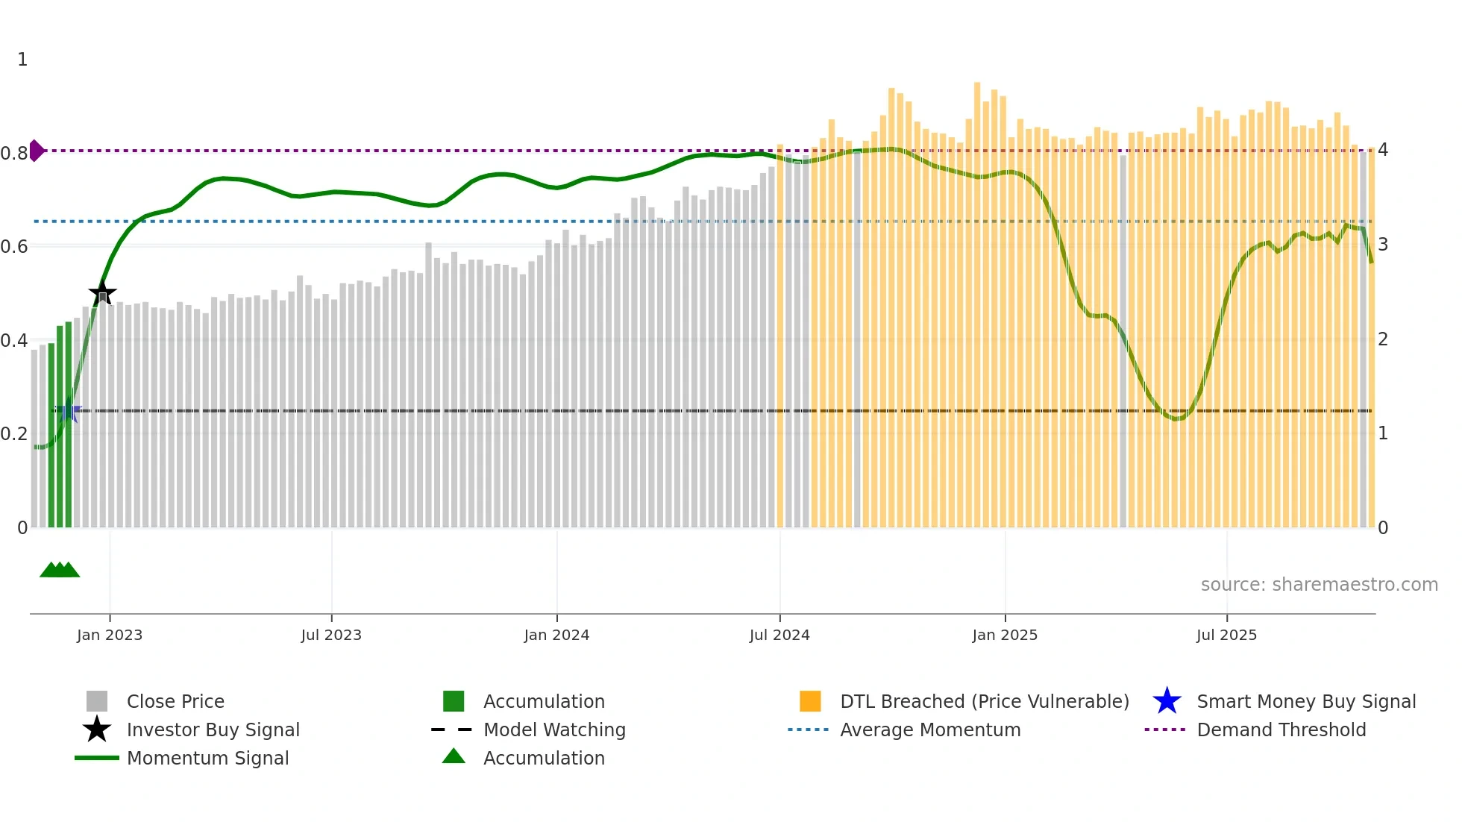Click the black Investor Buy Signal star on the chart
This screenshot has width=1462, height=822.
coord(102,292)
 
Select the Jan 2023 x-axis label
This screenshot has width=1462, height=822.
coord(110,635)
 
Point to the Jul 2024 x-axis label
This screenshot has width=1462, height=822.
coord(779,635)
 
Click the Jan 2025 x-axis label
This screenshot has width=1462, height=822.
coord(1005,635)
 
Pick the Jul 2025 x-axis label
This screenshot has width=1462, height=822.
coord(1226,635)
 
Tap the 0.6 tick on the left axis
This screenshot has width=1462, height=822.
coord(15,246)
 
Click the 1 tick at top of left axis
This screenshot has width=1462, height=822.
coord(22,60)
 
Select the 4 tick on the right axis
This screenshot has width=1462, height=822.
coord(1383,150)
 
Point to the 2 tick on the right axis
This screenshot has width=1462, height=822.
coord(1383,339)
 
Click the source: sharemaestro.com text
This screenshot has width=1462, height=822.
coord(1319,585)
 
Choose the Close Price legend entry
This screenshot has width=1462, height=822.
coord(175,701)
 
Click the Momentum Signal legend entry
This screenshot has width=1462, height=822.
coord(207,758)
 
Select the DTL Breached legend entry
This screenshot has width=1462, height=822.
coord(984,701)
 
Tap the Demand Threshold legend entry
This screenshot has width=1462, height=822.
coord(1281,730)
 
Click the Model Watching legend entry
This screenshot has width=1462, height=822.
coord(553,730)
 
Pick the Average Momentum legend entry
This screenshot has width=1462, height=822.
coord(929,730)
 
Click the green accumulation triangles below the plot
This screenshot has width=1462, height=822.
coord(60,570)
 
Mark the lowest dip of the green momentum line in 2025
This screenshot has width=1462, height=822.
coord(1177,418)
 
